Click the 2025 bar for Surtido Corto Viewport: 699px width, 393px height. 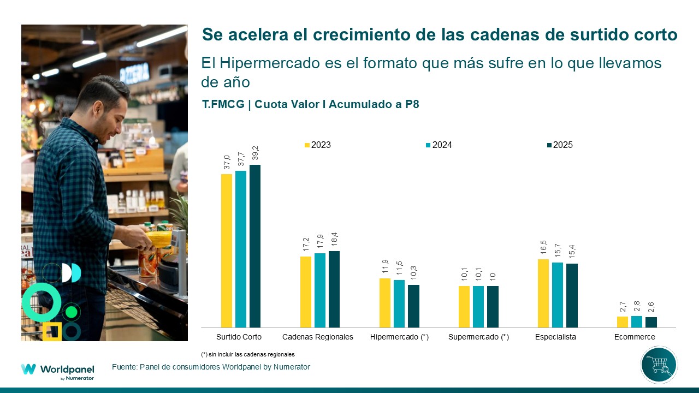click(255, 246)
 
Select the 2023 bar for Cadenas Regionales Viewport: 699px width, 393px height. click(306, 291)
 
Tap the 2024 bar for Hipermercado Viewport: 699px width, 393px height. click(399, 303)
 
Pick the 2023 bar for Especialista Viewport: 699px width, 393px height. click(543, 293)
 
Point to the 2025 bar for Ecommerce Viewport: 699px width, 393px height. click(651, 322)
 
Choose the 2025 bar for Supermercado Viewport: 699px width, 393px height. click(493, 306)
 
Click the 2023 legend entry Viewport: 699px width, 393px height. click(318, 145)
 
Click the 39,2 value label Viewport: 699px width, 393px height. click(255, 153)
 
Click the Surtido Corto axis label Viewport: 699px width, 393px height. click(239, 337)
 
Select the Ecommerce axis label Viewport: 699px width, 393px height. click(635, 337)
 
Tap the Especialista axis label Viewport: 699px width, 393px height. click(555, 337)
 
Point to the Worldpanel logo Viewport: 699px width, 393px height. click(57, 370)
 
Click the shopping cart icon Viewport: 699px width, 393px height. click(659, 365)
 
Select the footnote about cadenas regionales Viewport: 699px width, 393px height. click(248, 354)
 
